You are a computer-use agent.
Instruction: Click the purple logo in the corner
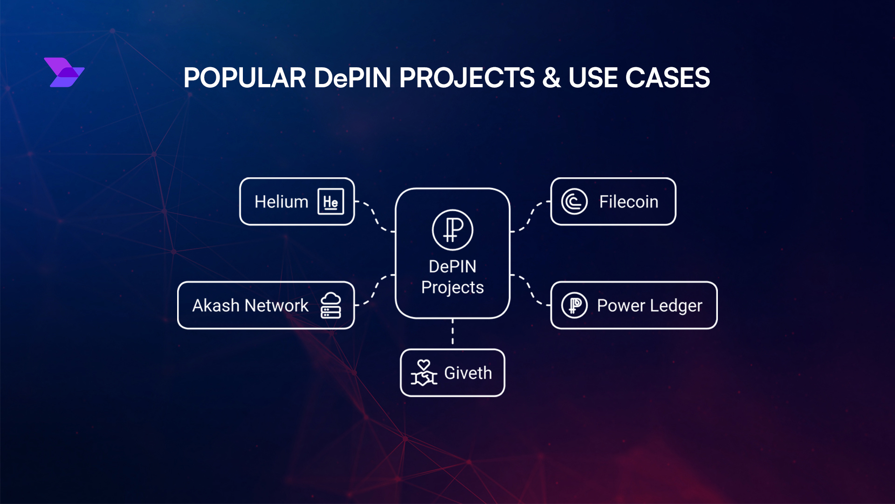[x=64, y=72]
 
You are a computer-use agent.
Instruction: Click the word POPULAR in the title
[x=244, y=77]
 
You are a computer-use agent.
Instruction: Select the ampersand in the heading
[x=551, y=77]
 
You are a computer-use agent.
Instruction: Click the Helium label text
[x=281, y=202]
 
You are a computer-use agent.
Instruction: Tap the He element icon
[x=330, y=202]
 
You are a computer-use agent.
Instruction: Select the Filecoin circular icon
[x=574, y=202]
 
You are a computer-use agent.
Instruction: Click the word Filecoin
[x=628, y=202]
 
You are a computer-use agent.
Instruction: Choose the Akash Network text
[x=250, y=306]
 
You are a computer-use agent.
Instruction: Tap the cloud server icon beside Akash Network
[x=331, y=305]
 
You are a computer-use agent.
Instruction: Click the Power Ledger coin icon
[x=574, y=306]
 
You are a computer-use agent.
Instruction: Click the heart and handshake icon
[x=424, y=373]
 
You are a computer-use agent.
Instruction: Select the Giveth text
[x=468, y=373]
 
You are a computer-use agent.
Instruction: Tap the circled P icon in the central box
[x=452, y=230]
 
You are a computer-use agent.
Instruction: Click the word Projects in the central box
[x=452, y=287]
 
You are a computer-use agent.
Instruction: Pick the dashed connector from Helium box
[x=374, y=216]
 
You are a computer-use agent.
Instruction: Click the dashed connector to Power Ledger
[x=530, y=290]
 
